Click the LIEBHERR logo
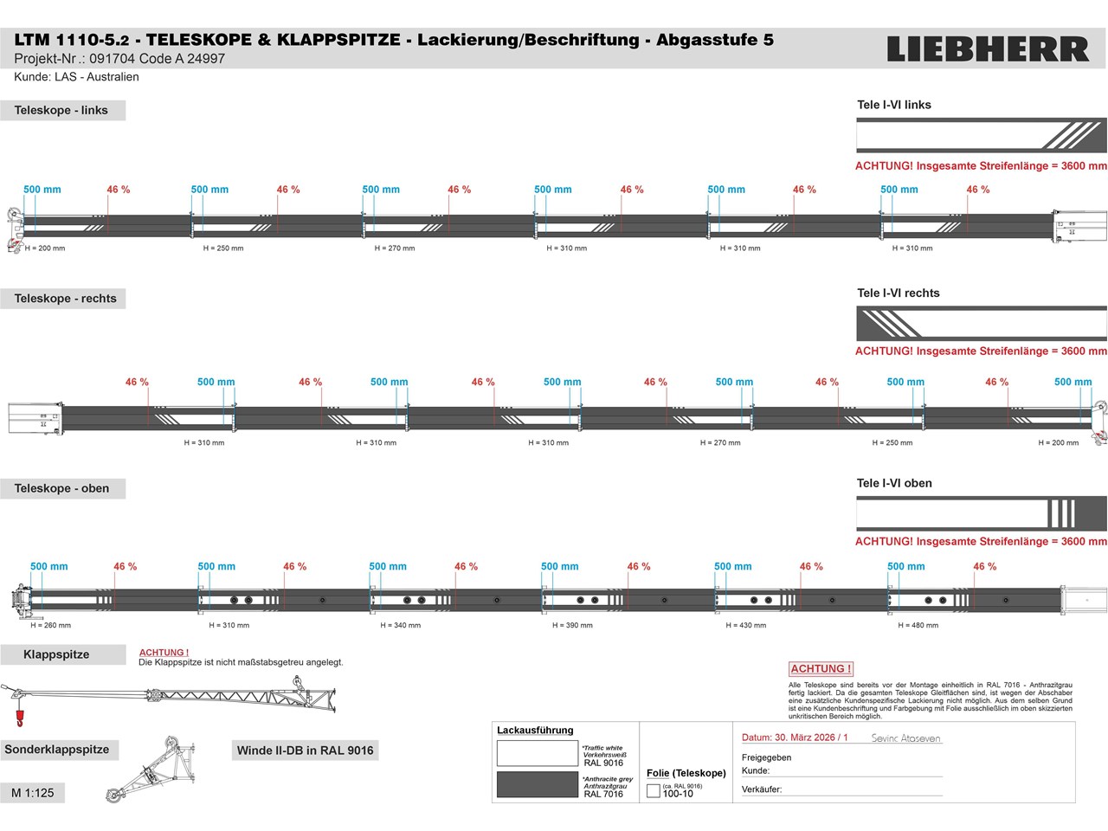coord(988,49)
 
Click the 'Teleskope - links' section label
coord(61,110)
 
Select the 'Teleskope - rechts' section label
coord(65,299)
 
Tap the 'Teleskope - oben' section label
coord(61,488)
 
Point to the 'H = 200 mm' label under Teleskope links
coord(45,248)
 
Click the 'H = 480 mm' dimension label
coord(918,625)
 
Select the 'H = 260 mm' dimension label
coord(51,625)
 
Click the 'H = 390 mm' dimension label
coord(572,625)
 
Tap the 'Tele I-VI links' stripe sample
coord(981,136)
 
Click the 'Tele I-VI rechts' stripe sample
coord(981,324)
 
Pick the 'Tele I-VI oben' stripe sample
coord(981,513)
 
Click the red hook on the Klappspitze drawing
coord(18,718)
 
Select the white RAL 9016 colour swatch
coord(537,753)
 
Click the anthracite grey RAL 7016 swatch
coord(537,784)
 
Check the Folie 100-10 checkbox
coord(654,791)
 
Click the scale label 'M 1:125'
coord(33,793)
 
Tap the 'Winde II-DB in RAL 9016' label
coord(305,750)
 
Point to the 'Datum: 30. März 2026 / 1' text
coord(795,738)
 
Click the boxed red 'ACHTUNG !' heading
coord(821,669)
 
